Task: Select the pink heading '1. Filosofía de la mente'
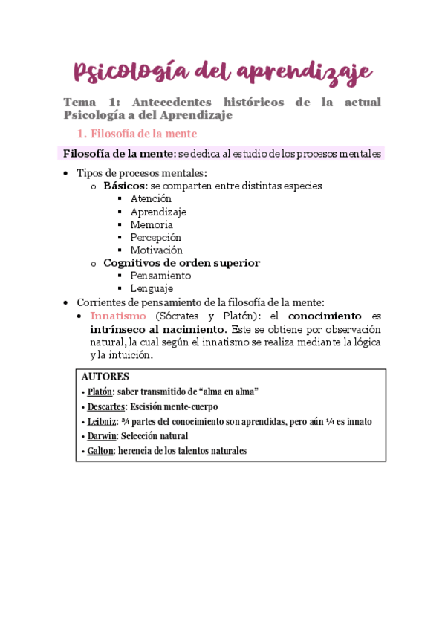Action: (x=137, y=134)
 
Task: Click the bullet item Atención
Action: (x=151, y=198)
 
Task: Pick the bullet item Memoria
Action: (x=152, y=224)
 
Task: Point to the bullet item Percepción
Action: (x=155, y=237)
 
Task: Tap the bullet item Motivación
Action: (x=156, y=250)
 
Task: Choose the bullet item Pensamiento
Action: (x=160, y=276)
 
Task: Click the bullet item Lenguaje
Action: (x=152, y=288)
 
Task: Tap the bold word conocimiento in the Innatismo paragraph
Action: (x=325, y=316)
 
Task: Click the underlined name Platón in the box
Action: (x=100, y=392)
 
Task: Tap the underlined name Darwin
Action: (x=101, y=436)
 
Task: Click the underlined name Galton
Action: (x=100, y=451)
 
